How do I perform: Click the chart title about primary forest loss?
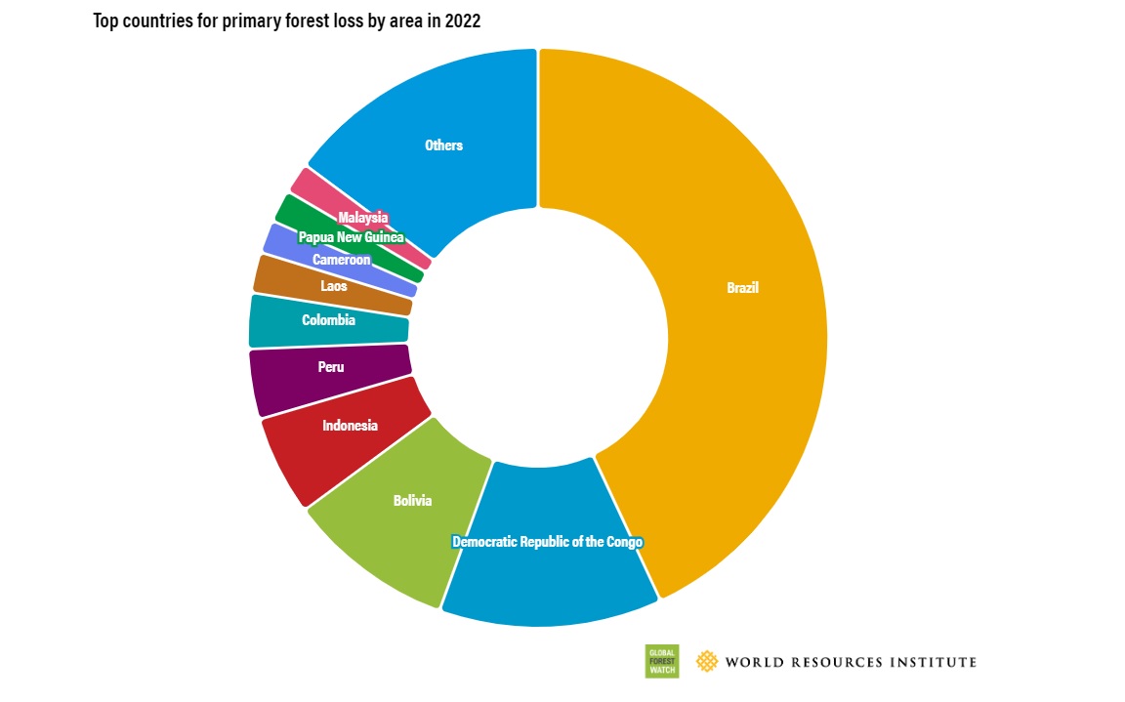[286, 21]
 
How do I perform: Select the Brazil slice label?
[742, 288]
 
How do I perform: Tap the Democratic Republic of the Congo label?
[548, 542]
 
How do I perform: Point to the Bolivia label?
[412, 501]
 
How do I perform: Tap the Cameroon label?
[341, 260]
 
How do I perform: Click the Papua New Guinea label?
[351, 237]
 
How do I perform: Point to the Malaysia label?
[363, 218]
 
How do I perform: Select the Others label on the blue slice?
[443, 145]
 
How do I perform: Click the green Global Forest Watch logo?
[661, 661]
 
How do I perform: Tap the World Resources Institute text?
[850, 662]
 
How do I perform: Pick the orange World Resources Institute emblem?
[707, 662]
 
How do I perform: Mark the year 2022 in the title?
[462, 21]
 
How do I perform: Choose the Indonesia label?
[350, 426]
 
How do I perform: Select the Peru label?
[331, 367]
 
